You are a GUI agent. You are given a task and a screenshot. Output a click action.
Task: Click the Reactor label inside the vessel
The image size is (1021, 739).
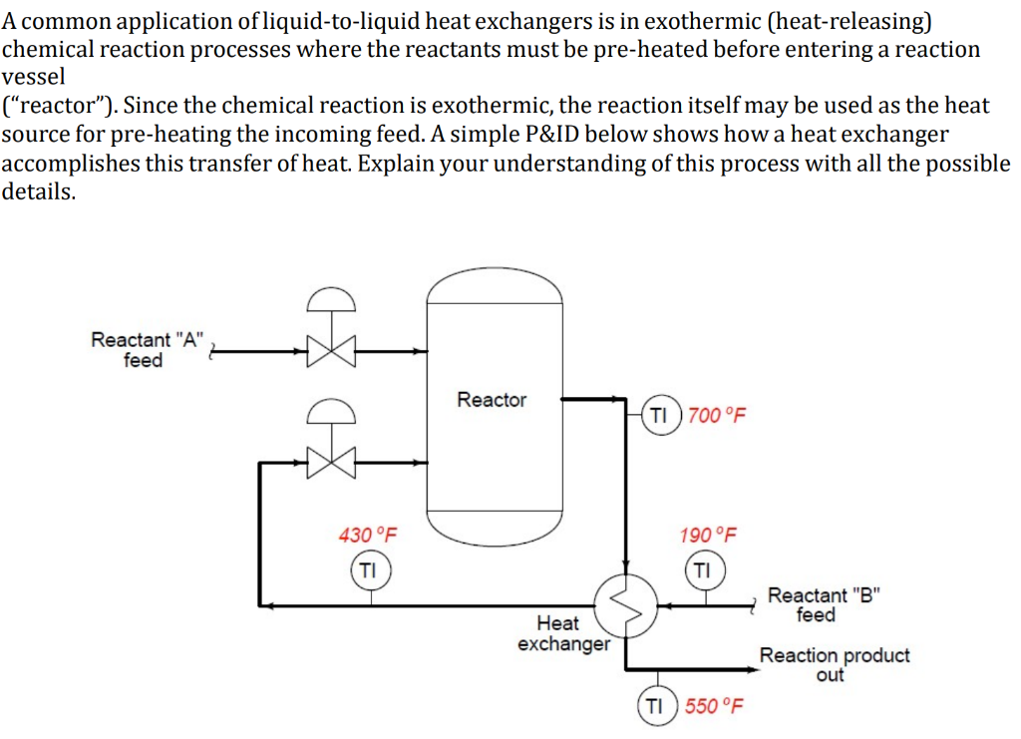tap(492, 400)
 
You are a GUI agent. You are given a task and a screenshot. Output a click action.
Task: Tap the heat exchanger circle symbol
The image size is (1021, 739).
tap(626, 602)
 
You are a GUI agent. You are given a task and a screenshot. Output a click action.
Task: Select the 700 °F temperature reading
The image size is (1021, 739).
tap(717, 416)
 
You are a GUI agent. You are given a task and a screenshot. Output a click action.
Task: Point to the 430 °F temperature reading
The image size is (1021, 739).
tap(367, 535)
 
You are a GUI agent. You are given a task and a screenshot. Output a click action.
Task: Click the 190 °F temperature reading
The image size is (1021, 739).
tap(708, 535)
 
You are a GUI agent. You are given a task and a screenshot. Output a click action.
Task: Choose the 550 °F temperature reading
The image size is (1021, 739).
tap(715, 706)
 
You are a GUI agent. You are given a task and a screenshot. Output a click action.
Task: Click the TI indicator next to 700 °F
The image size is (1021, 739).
tap(659, 416)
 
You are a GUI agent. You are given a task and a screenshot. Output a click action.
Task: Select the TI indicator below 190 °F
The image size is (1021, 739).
tap(703, 570)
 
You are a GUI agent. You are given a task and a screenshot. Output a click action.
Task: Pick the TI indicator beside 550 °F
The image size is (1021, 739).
tap(655, 706)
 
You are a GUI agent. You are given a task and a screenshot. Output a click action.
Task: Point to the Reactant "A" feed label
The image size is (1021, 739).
tap(146, 349)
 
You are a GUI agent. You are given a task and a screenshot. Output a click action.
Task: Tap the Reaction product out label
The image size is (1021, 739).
tap(834, 664)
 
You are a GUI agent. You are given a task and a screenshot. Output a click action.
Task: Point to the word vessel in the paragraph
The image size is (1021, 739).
tap(33, 77)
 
